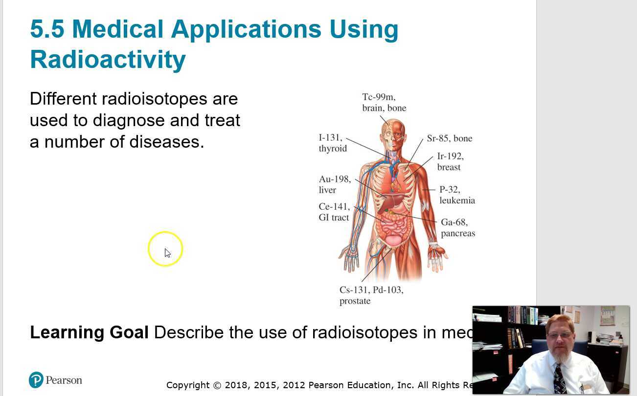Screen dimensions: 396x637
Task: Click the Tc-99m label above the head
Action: point(384,103)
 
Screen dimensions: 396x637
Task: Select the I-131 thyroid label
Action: point(333,143)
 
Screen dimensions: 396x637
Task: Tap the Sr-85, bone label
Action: point(449,138)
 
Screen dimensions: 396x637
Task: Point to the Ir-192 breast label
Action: point(450,162)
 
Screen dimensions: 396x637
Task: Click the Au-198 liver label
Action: point(335,184)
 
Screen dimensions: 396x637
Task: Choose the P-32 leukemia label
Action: point(457,195)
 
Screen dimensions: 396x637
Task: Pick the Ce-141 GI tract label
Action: point(334,212)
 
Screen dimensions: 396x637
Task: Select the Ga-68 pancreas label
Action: point(457,228)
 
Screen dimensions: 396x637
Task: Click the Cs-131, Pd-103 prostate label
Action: point(371,295)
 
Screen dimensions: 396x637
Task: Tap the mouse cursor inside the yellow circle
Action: point(167,252)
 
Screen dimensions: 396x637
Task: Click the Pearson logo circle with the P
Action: point(36,380)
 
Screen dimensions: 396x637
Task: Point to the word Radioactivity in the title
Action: point(108,60)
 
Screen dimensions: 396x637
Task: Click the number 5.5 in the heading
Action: point(47,29)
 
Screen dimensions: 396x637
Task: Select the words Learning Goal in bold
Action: point(89,332)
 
